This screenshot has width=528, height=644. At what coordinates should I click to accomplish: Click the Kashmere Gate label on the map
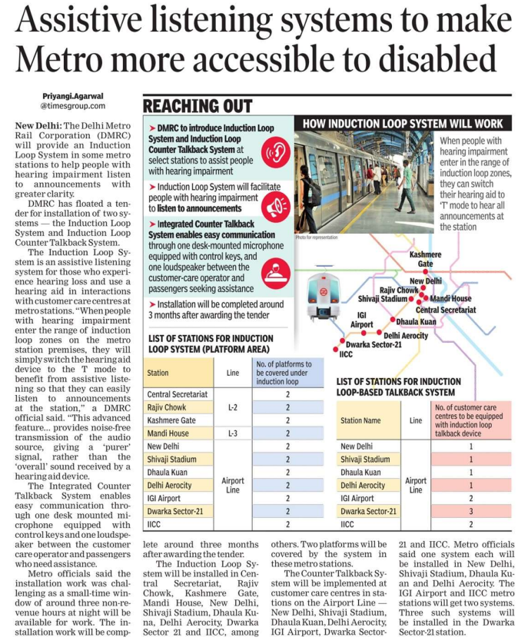coord(426,258)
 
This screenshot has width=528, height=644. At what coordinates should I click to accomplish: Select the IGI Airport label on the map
coord(366,319)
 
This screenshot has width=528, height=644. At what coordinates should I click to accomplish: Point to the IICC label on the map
coord(345,354)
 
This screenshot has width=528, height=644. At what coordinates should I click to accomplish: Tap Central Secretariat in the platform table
coord(178,394)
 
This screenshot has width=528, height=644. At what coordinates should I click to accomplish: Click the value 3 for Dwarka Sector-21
coord(470,511)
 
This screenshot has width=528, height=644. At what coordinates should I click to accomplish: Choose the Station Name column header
coord(361,420)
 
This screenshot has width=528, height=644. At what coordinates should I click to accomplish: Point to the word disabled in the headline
coord(430,59)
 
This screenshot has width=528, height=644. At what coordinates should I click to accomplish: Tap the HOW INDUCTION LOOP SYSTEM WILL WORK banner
coord(403,123)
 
